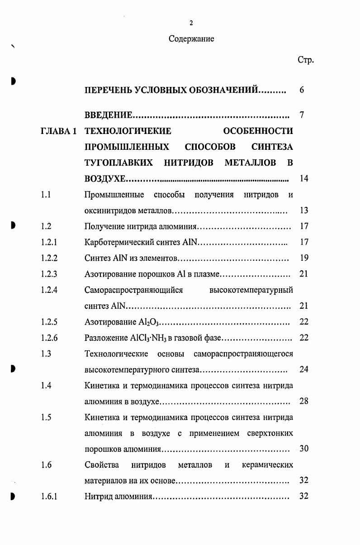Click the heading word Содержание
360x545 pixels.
pyautogui.click(x=191, y=39)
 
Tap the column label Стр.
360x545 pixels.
pyautogui.click(x=305, y=60)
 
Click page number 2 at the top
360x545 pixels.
pyautogui.click(x=191, y=23)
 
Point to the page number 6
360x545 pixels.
pyautogui.click(x=302, y=90)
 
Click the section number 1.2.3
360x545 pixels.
pyautogui.click(x=49, y=274)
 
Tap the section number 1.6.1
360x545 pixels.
pyautogui.click(x=49, y=496)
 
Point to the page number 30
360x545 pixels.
pyautogui.click(x=304, y=449)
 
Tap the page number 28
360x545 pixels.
pyautogui.click(x=304, y=401)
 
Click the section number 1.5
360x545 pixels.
pyautogui.click(x=46, y=417)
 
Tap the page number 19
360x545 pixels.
pyautogui.click(x=304, y=258)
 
